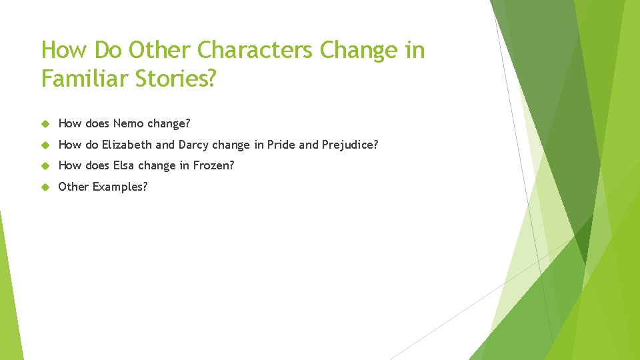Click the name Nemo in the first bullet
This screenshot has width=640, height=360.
(129, 123)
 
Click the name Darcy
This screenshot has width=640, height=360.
(193, 145)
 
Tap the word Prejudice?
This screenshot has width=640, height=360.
(351, 145)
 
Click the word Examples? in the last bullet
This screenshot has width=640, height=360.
(120, 187)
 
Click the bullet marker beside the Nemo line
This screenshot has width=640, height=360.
(46, 123)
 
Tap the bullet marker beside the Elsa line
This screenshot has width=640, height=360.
(46, 166)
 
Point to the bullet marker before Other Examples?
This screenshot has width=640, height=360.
(46, 187)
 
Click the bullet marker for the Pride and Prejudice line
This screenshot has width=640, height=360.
(46, 145)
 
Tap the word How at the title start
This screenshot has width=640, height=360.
(65, 51)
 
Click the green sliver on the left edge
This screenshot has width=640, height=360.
(9, 293)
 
